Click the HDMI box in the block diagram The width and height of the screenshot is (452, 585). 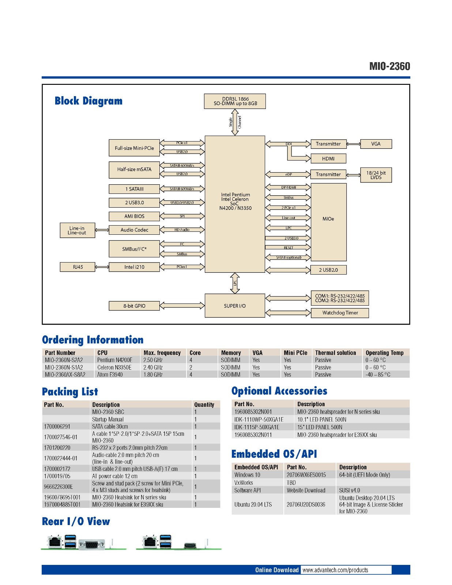[328, 159]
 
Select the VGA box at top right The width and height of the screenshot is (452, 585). [376, 144]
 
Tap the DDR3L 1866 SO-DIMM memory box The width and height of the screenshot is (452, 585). [235, 101]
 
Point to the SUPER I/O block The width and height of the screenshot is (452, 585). [235, 306]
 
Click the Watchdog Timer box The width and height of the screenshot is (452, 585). [340, 313]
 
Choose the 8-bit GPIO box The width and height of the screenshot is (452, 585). [134, 306]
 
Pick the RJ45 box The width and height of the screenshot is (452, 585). [78, 267]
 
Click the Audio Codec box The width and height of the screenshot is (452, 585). [134, 230]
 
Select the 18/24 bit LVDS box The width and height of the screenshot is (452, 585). [376, 175]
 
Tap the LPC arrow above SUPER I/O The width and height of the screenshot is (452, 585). [235, 283]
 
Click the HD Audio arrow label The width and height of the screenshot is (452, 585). [182, 230]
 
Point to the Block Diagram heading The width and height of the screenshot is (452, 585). [88, 101]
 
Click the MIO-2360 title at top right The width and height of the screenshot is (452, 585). [389, 67]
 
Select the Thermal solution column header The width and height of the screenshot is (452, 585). [335, 353]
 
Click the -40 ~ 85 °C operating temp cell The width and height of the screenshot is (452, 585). [378, 375]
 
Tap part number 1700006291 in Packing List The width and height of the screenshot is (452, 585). [57, 427]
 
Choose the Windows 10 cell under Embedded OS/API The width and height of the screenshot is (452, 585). [247, 475]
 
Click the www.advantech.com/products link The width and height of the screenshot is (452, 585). [335, 570]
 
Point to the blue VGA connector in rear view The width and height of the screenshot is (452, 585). [92, 544]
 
